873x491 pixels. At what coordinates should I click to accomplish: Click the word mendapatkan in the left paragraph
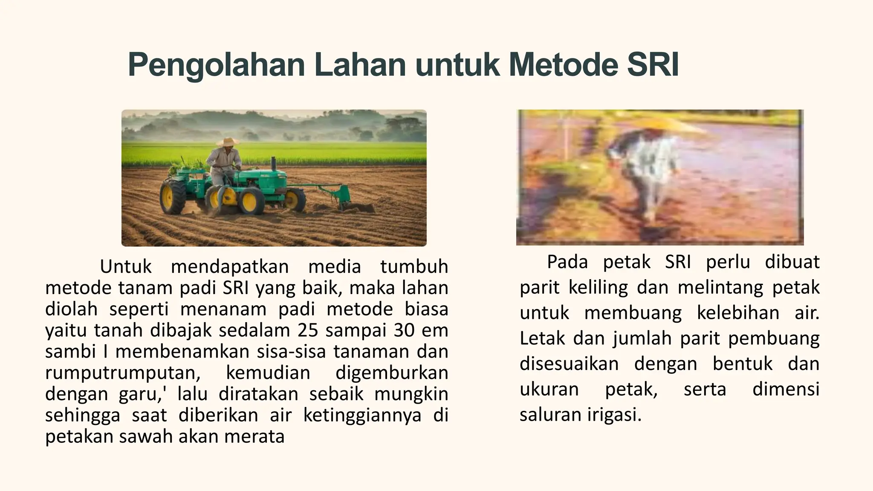[x=230, y=267]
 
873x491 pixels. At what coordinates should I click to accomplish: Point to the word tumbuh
[x=414, y=267]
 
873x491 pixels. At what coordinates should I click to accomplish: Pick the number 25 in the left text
[x=308, y=330]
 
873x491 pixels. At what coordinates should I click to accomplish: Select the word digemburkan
[x=392, y=373]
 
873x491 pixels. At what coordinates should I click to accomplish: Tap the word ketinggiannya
[x=362, y=415]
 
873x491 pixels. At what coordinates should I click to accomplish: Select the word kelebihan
[x=738, y=313]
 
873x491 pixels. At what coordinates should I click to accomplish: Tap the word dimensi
[x=786, y=389]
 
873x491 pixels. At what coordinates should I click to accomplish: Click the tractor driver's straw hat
[x=228, y=142]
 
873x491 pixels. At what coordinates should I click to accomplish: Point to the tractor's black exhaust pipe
[x=273, y=163]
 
